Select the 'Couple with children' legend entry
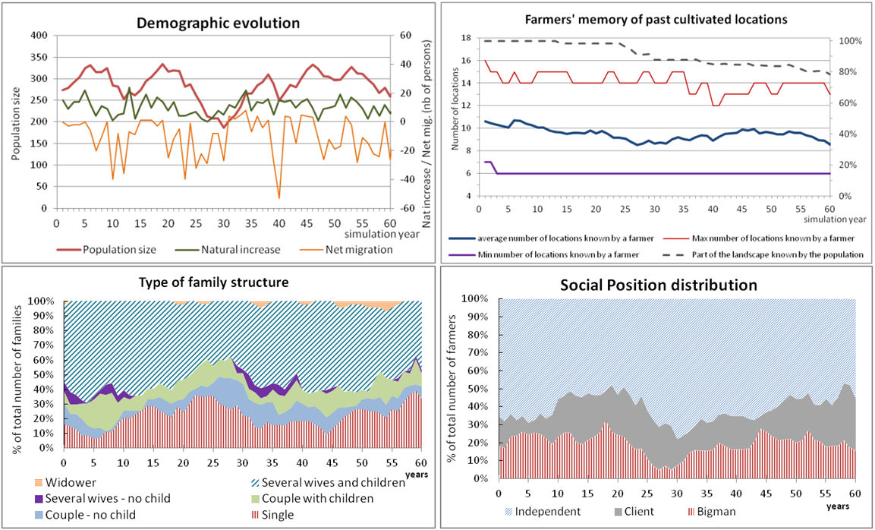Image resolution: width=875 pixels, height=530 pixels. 313,498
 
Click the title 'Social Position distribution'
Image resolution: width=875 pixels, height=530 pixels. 658,286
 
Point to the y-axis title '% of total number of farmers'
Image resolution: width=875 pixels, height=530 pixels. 453,389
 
